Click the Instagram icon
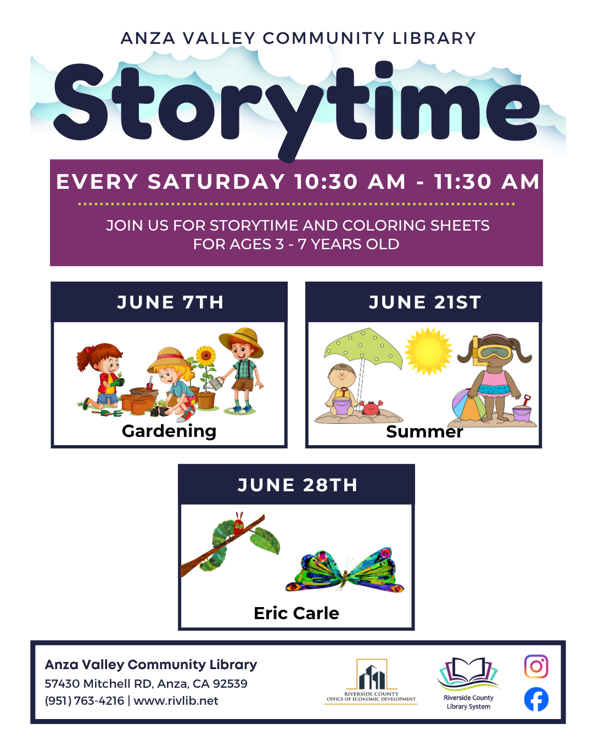pyautogui.click(x=536, y=666)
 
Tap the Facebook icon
pyautogui.click(x=536, y=699)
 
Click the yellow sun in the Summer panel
pyautogui.click(x=428, y=351)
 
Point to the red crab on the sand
pyautogui.click(x=371, y=407)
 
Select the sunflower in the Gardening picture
pyautogui.click(x=206, y=356)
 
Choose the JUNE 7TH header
pyautogui.click(x=170, y=302)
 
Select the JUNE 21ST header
pyautogui.click(x=424, y=302)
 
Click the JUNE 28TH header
pyautogui.click(x=297, y=485)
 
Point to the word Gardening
pyautogui.click(x=169, y=431)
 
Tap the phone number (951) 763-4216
pyautogui.click(x=85, y=701)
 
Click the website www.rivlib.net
pyautogui.click(x=176, y=701)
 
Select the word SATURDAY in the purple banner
pyautogui.click(x=216, y=182)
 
